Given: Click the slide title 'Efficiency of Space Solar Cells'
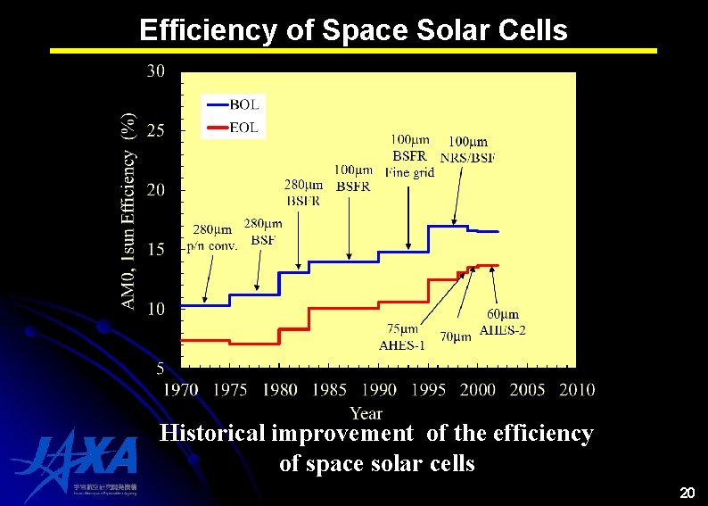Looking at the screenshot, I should tap(353, 30).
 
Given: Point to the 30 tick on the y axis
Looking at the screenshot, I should tap(155, 72).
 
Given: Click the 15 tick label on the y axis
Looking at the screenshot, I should tap(155, 250).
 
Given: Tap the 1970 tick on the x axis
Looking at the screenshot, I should tap(181, 390).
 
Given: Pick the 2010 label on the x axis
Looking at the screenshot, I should tap(577, 390).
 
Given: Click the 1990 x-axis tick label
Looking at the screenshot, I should tap(379, 390).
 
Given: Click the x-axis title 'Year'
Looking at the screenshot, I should tap(366, 412).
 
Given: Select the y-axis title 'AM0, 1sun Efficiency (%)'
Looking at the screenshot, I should tap(129, 212).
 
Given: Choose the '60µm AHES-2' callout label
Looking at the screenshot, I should tap(503, 322).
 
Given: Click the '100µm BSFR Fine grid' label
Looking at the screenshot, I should tap(409, 155).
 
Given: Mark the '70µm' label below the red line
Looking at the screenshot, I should tap(456, 336).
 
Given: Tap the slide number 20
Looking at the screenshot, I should tap(687, 493).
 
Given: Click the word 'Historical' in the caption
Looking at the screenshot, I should tap(212, 434).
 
